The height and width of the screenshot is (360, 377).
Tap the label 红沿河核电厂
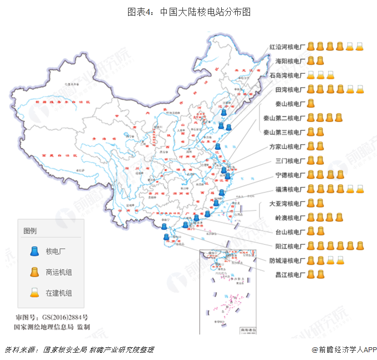pyautogui.click(x=287, y=46)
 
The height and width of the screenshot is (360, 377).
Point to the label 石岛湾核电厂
pyautogui.click(x=287, y=75)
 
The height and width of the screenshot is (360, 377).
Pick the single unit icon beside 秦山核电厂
pyautogui.click(x=311, y=103)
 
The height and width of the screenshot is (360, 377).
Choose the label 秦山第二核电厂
pyautogui.click(x=284, y=118)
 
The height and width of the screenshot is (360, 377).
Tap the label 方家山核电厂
pyautogui.click(x=287, y=146)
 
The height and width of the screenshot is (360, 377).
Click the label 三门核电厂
pyautogui.click(x=291, y=161)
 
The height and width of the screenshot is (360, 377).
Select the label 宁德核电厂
pyautogui.click(x=291, y=175)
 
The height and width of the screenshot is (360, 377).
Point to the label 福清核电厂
pyautogui.click(x=291, y=189)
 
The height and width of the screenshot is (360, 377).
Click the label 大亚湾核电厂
pyautogui.click(x=287, y=204)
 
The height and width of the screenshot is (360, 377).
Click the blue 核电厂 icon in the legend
pyautogui.click(x=33, y=251)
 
